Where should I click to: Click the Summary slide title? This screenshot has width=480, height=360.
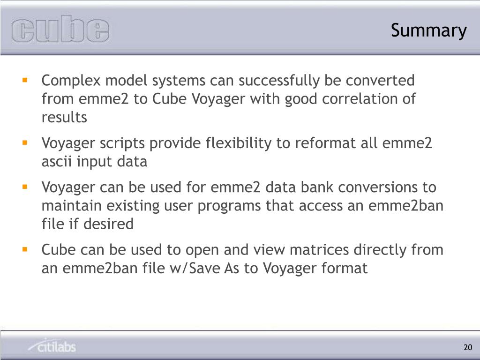tap(429, 30)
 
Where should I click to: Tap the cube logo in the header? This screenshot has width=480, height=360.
tap(60, 30)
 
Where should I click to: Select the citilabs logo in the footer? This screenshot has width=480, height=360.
tap(52, 346)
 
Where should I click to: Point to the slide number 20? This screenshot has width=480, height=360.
tap(467, 347)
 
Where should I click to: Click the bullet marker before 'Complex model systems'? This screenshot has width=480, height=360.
tap(25, 80)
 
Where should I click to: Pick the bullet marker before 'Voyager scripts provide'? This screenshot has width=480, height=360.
tap(25, 142)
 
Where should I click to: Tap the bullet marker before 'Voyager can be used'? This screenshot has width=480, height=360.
tap(25, 186)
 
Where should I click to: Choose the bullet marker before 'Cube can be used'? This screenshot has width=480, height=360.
tap(25, 249)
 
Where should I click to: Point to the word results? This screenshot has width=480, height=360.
tap(64, 118)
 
